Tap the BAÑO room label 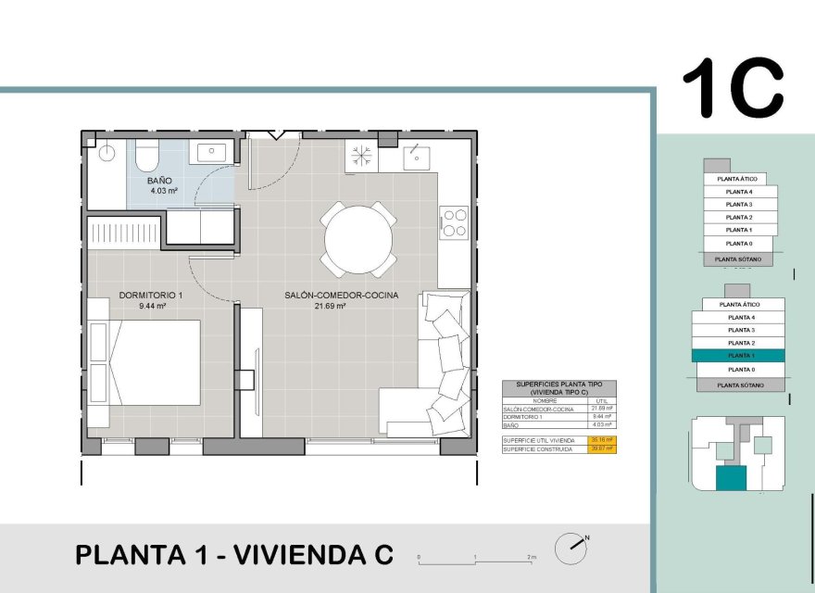click(x=159, y=181)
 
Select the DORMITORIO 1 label click(x=144, y=296)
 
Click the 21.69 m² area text click(x=330, y=305)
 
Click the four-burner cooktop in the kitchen click(x=454, y=221)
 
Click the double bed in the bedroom click(x=148, y=362)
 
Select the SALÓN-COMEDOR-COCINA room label click(x=341, y=295)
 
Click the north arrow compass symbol click(x=570, y=548)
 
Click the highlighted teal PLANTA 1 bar click(x=738, y=356)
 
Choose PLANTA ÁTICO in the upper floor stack click(x=738, y=178)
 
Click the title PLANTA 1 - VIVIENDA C click(x=233, y=555)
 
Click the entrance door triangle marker click(x=276, y=134)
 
